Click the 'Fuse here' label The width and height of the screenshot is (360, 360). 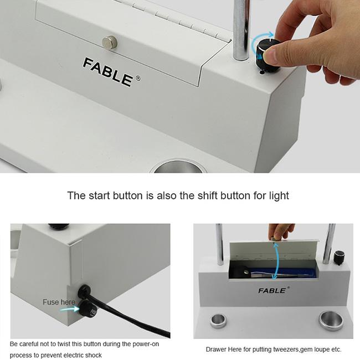[59, 302]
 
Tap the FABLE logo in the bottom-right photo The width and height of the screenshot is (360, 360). [272, 290]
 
